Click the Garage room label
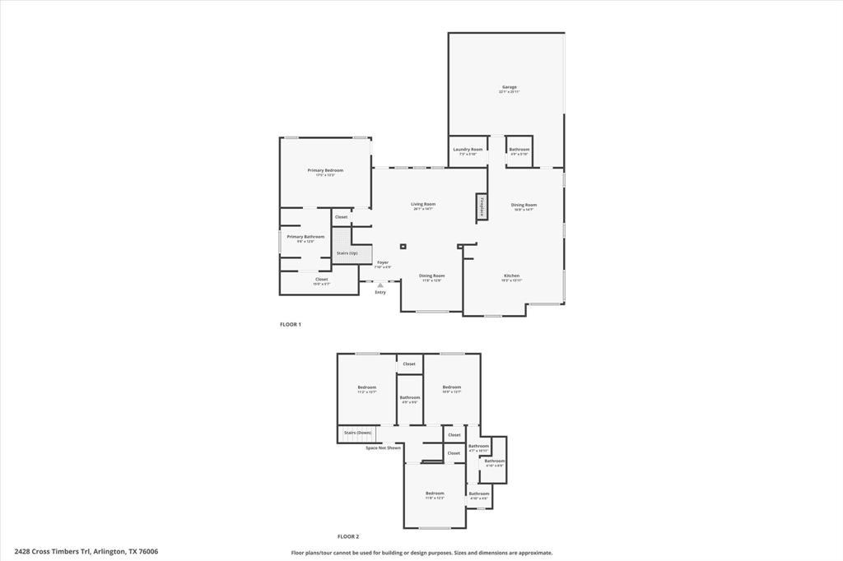[509, 87]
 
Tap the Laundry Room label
[468, 150]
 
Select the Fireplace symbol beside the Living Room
[480, 207]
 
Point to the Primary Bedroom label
[325, 171]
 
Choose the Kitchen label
[511, 276]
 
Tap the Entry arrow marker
[380, 285]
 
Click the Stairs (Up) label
[347, 253]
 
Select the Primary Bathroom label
[305, 237]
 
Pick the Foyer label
[383, 263]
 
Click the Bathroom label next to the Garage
[519, 150]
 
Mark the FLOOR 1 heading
[291, 324]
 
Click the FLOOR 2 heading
[348, 536]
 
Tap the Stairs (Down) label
[357, 432]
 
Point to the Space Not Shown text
[383, 447]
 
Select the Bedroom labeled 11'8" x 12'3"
[435, 494]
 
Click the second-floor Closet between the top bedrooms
[409, 364]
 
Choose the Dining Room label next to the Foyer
[431, 276]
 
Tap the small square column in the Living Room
[403, 246]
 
